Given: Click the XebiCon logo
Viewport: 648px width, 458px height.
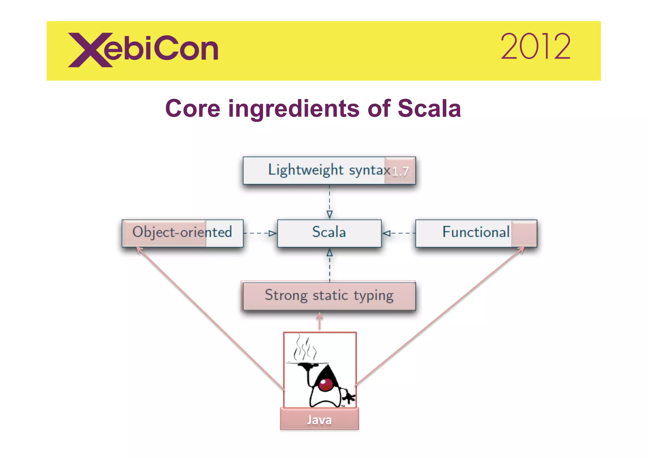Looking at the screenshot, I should point(143,50).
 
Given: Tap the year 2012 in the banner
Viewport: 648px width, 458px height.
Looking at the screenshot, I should point(535,47).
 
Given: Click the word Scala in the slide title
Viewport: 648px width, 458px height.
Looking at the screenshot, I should point(429,109).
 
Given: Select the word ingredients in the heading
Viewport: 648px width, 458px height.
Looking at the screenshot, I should point(294,109).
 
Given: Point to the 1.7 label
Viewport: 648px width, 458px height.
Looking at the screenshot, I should point(400,171).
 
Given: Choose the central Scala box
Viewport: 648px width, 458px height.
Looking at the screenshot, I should point(329,233).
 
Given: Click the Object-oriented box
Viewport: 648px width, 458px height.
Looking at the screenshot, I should point(182,233).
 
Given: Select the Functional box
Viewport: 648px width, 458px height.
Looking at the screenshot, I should point(476,233).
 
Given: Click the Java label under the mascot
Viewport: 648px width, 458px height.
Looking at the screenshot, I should point(319,420).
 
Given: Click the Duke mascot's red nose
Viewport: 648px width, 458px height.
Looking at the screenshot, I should point(326,385).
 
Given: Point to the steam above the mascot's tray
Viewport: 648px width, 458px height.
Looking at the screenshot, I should point(304,348).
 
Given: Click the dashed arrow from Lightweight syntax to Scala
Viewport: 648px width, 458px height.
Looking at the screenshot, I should point(329,201).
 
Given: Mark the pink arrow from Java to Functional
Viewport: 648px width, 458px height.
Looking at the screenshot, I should point(440,317).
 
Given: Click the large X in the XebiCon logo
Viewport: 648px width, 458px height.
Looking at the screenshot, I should point(90,50).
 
